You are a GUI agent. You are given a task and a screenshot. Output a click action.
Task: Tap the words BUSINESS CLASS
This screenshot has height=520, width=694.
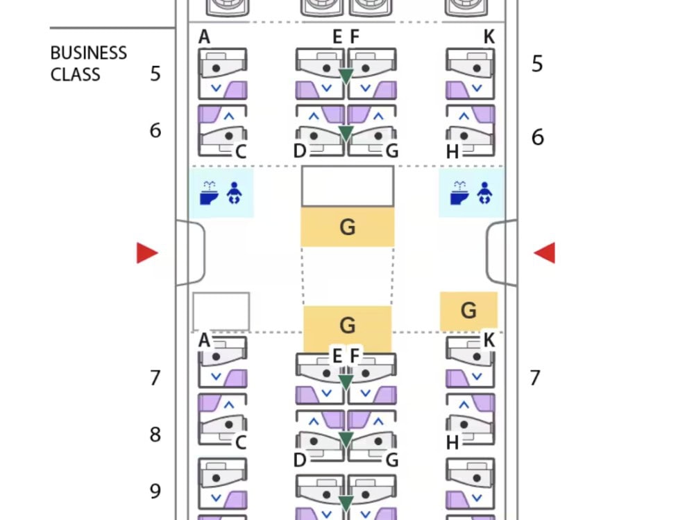tap(89, 64)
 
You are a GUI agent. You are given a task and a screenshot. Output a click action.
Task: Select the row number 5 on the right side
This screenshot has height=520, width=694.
tap(537, 64)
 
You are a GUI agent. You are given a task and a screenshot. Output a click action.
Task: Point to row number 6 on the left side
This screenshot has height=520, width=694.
tap(155, 130)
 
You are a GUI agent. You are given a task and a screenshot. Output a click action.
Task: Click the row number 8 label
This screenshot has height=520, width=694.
tap(155, 435)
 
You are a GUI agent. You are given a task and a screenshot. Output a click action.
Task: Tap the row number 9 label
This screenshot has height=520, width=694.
tap(155, 492)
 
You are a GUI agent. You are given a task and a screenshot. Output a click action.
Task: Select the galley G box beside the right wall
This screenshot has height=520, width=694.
tap(468, 311)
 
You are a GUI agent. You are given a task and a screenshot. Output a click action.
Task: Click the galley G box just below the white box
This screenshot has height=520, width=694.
tap(348, 227)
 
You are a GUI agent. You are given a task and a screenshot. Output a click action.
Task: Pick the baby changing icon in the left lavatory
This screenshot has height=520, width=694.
tap(234, 193)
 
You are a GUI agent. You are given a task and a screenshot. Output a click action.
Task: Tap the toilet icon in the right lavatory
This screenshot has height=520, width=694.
tap(459, 193)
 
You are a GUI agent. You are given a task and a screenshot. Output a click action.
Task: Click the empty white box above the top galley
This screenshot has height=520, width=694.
tap(348, 186)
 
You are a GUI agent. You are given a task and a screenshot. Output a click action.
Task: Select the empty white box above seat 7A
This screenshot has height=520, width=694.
tap(221, 311)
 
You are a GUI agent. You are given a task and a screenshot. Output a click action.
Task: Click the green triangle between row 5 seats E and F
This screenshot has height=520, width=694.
tap(346, 76)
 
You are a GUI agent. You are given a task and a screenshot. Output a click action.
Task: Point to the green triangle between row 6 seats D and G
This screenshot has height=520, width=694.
tap(346, 132)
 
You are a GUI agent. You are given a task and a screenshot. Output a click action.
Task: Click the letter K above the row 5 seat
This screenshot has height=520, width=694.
tap(489, 37)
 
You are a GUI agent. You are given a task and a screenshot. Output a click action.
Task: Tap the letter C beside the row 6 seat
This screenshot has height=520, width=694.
tap(241, 152)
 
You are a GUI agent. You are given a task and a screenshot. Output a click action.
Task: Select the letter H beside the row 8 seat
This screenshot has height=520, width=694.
tap(452, 442)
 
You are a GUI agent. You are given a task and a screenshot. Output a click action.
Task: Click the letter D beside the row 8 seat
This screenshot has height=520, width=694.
tap(300, 460)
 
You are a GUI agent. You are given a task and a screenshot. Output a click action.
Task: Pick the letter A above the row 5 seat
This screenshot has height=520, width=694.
tap(204, 37)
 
